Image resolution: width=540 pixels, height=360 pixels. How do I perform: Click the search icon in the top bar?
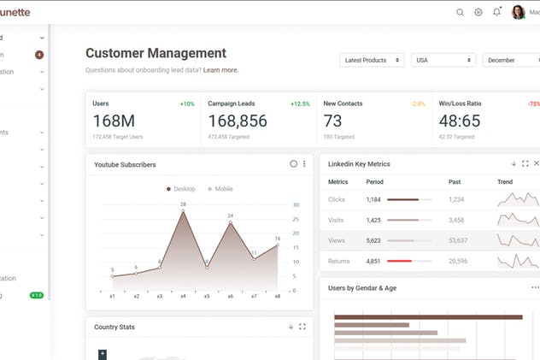pos(460,12)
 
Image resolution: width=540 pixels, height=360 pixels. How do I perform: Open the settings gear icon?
pos(478,12)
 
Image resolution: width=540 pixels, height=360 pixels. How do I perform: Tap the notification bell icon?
pos(497,12)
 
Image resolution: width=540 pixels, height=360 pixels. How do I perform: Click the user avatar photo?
pos(519,12)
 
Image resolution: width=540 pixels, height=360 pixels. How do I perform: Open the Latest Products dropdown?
pos(372,60)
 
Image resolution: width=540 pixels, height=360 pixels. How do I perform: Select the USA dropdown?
pos(443,60)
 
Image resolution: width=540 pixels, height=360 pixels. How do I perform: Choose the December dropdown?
pos(510,60)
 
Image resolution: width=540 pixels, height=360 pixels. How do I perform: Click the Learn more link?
pos(220,70)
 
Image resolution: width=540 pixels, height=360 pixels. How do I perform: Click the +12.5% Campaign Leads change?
pos(300,103)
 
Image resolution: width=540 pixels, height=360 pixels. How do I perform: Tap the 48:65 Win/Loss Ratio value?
pos(459,121)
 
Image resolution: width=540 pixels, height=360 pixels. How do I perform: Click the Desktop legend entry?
pos(180,189)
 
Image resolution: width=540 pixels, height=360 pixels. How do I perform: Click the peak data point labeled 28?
pos(183,211)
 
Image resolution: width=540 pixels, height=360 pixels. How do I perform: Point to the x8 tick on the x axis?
pos(278,296)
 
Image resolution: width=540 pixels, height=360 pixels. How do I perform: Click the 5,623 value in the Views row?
pos(373,240)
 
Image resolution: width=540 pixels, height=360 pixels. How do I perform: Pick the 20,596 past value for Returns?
pos(457,261)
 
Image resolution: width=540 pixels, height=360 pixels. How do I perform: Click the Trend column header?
pos(505,181)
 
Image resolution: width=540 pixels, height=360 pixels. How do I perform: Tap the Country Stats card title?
pos(114,327)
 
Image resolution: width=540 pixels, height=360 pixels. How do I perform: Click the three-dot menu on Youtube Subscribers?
pos(304,163)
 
